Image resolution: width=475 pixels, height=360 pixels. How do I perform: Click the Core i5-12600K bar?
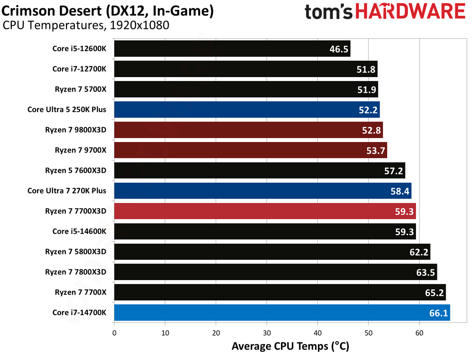click(232, 48)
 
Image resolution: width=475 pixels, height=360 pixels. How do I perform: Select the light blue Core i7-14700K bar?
click(282, 312)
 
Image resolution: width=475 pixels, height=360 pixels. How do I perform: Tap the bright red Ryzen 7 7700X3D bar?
click(265, 211)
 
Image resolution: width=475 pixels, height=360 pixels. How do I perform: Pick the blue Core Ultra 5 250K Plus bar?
click(247, 110)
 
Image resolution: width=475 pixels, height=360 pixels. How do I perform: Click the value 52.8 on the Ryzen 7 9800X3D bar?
click(371, 130)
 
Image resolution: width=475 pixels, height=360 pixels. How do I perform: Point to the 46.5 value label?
click(339, 49)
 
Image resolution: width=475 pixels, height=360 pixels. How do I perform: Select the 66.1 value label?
click(438, 313)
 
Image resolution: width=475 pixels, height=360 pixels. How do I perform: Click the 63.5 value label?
click(425, 272)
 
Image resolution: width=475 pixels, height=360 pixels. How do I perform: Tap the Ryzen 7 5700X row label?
click(80, 89)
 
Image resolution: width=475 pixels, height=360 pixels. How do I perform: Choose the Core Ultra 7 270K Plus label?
click(66, 191)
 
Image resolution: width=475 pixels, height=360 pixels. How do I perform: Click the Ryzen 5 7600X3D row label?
click(76, 170)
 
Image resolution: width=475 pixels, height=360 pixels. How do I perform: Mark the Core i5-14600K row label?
click(79, 231)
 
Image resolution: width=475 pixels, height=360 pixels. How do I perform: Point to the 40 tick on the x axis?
click(317, 333)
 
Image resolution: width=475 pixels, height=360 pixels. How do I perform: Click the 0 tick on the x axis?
click(114, 333)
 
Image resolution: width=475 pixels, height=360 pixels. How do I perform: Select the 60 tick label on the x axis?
click(419, 333)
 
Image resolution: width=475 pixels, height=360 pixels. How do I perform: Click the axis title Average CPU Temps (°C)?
click(291, 347)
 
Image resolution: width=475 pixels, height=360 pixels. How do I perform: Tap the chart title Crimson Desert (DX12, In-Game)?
click(107, 11)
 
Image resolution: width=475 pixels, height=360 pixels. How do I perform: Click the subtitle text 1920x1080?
click(139, 25)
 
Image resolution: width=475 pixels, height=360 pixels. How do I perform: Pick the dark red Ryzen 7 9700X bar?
click(251, 150)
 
